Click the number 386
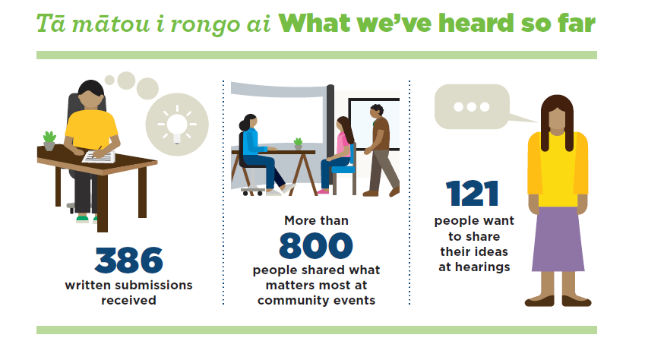click(x=128, y=260)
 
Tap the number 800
click(x=316, y=245)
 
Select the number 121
click(x=473, y=193)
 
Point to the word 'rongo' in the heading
click(x=205, y=25)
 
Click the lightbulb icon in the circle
click(x=177, y=125)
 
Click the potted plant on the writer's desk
click(x=49, y=141)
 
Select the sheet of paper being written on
click(x=99, y=156)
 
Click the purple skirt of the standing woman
click(x=558, y=239)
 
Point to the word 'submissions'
click(x=154, y=285)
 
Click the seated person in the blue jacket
click(x=259, y=154)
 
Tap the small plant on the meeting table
click(x=299, y=144)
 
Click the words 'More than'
click(x=316, y=220)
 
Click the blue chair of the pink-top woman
click(x=345, y=173)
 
